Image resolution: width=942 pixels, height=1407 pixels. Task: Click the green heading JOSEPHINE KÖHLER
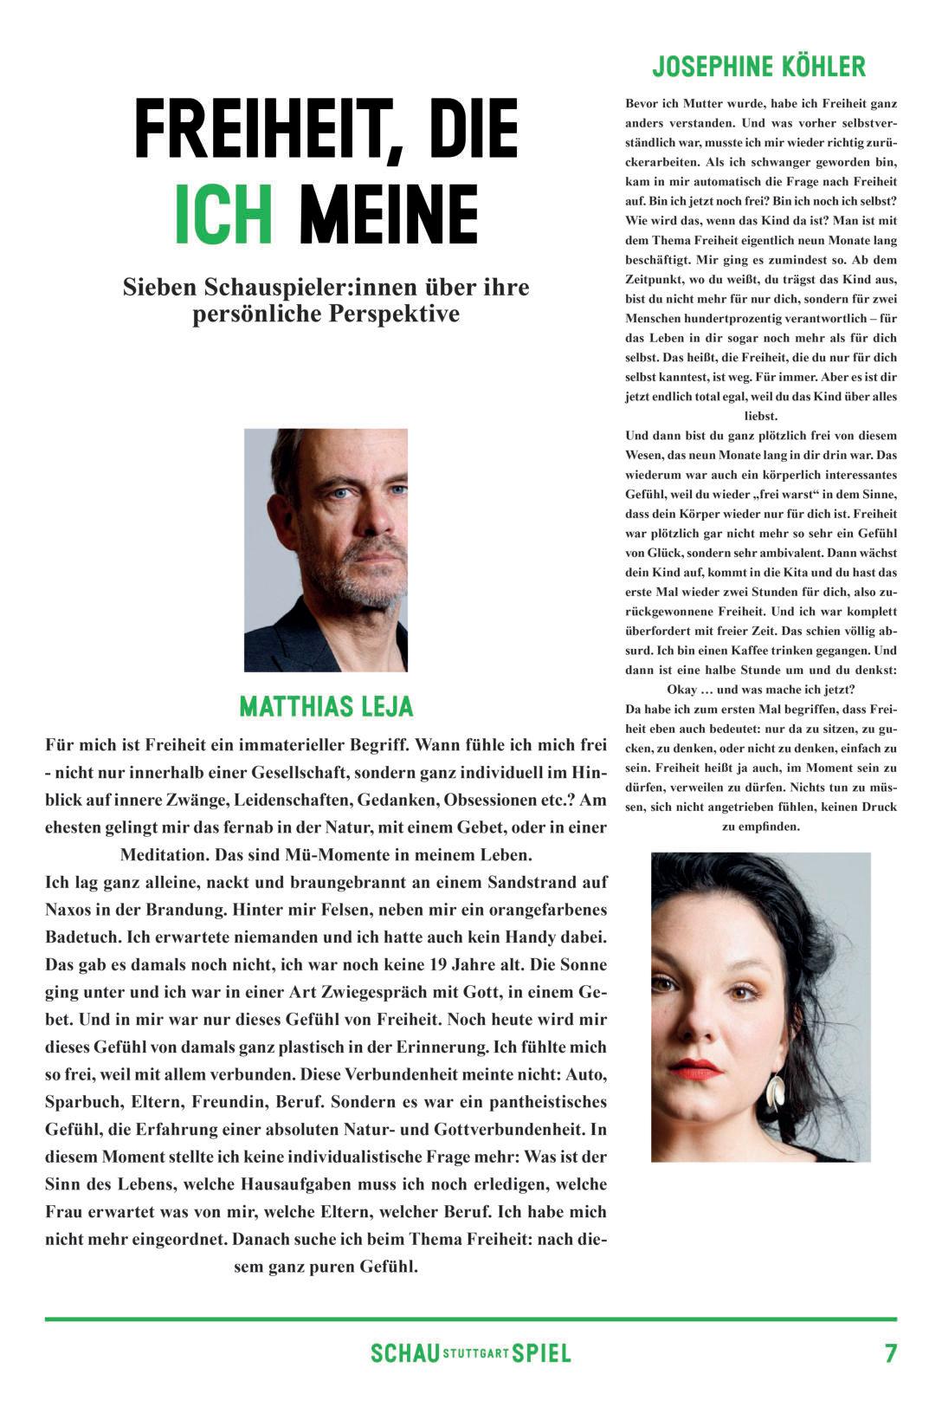click(758, 67)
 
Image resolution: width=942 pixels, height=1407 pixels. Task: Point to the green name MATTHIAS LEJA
click(326, 707)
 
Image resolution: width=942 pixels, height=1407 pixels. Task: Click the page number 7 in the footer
click(890, 1353)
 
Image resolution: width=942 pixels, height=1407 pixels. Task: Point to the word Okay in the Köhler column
click(685, 690)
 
